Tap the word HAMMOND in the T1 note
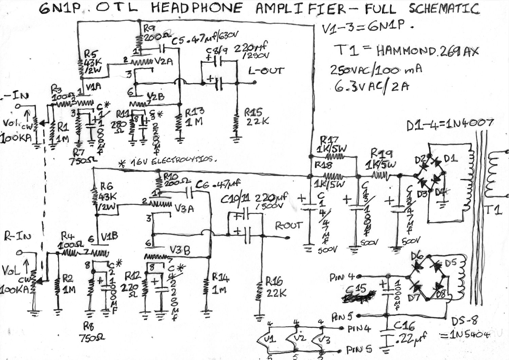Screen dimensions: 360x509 [406, 51]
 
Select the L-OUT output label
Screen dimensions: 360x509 [266, 71]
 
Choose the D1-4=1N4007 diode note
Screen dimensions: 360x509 [450, 125]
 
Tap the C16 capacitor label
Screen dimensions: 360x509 [404, 326]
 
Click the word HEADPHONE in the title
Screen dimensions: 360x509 [197, 8]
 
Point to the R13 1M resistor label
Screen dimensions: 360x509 [194, 116]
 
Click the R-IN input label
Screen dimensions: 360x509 [17, 236]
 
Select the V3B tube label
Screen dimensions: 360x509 [180, 251]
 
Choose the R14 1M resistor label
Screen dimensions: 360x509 [220, 283]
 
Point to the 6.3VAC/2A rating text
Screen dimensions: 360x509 [372, 87]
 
